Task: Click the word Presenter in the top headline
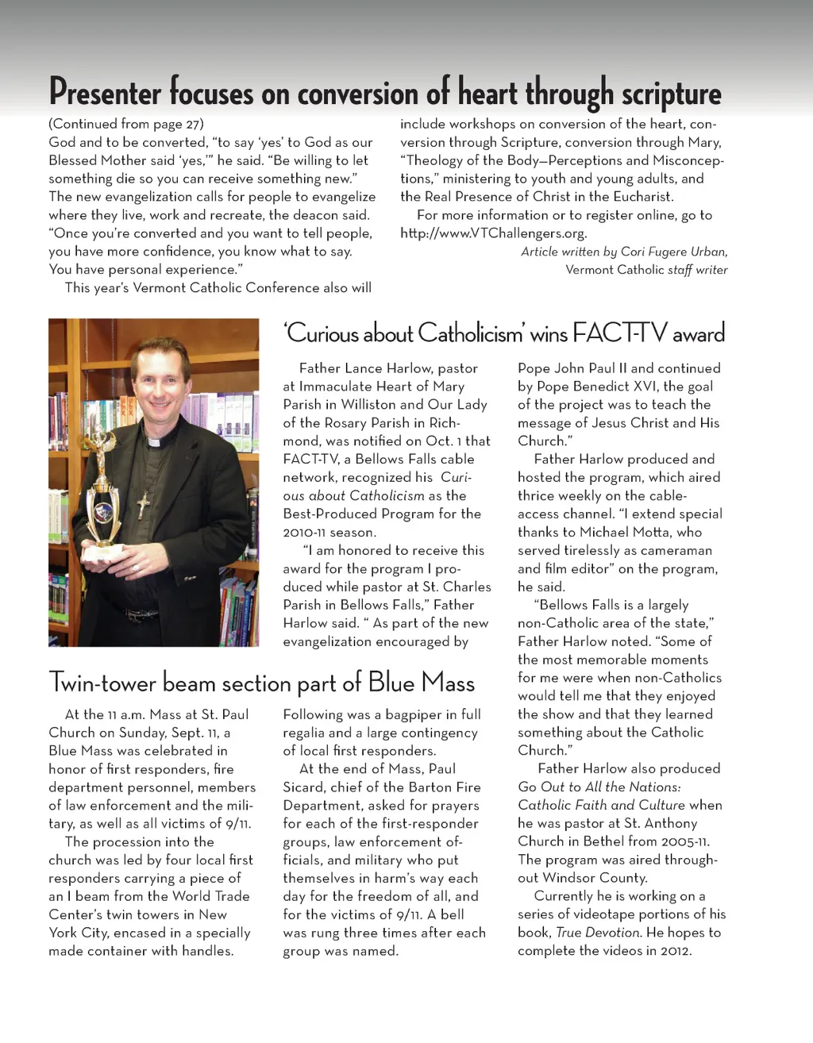click(x=105, y=94)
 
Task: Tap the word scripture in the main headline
click(x=671, y=94)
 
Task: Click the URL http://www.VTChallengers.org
click(x=493, y=233)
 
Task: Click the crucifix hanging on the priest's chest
click(x=143, y=504)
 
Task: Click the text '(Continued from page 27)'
click(x=126, y=124)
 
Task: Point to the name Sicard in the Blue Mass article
click(x=304, y=787)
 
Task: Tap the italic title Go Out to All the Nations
click(x=599, y=787)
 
